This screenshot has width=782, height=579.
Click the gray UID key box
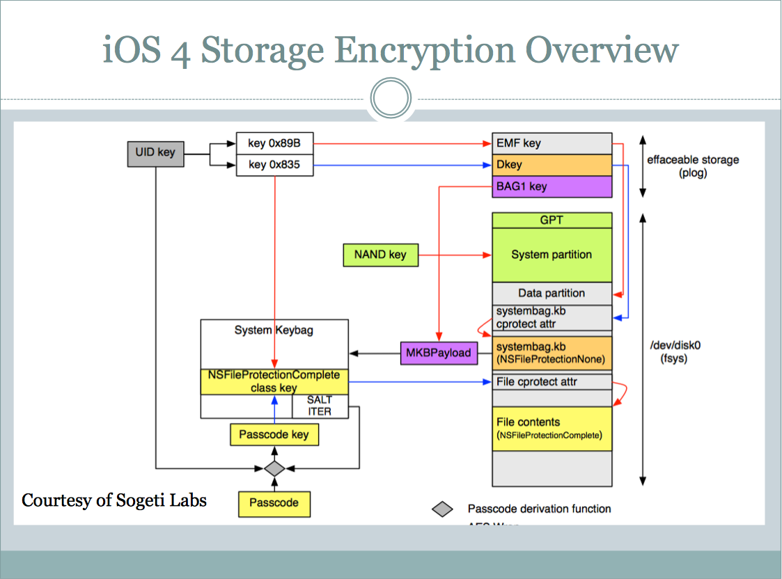(x=155, y=153)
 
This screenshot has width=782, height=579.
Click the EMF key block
(x=552, y=143)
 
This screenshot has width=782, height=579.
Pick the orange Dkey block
(x=552, y=165)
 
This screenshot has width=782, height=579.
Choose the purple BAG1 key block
(x=552, y=187)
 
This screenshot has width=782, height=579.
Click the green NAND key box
(x=380, y=255)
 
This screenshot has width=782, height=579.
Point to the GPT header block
(x=552, y=220)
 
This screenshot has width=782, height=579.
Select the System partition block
(x=552, y=255)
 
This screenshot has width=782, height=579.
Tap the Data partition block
(x=552, y=293)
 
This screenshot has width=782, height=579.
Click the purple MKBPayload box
(x=438, y=353)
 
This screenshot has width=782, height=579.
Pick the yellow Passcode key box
(x=274, y=435)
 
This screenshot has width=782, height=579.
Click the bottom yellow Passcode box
(x=274, y=503)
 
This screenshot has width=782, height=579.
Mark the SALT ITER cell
(x=319, y=406)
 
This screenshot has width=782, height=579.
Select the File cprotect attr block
(x=552, y=381)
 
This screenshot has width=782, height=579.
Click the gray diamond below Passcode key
(x=274, y=468)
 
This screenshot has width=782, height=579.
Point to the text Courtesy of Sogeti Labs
(x=114, y=500)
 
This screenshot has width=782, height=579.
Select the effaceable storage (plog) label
(x=693, y=166)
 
